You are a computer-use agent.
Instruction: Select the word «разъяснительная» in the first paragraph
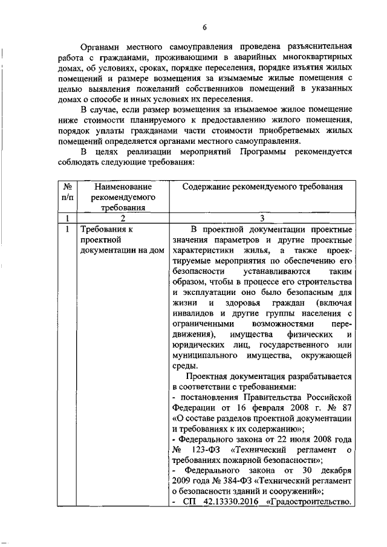[315, 45]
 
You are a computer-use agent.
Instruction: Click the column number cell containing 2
[122, 218]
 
